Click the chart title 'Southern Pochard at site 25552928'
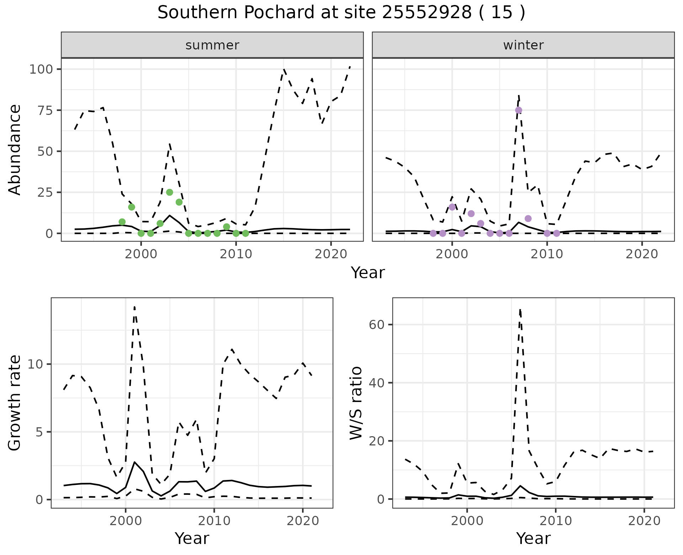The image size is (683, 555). tap(341, 13)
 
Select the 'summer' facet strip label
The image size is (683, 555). tap(212, 45)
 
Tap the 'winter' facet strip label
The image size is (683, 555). tap(523, 45)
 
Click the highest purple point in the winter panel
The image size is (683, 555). tap(519, 110)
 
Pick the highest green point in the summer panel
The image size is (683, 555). tap(170, 192)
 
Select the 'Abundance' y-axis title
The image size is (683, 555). tap(15, 150)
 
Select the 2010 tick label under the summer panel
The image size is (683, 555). tap(236, 254)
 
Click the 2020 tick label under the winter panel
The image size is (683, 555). tap(642, 254)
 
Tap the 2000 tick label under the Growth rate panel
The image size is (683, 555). tap(125, 521)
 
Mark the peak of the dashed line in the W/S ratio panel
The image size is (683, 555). tap(520, 310)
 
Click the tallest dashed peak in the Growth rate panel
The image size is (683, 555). tap(134, 307)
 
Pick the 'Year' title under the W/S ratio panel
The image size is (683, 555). tap(533, 538)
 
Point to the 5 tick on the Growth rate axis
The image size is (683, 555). tap(40, 432)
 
